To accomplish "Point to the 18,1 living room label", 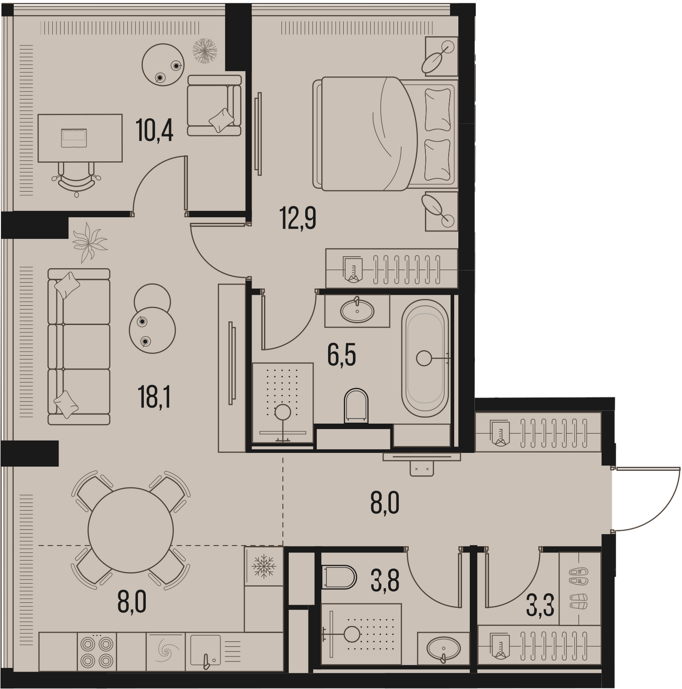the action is [154, 397].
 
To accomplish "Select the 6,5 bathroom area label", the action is [342, 355].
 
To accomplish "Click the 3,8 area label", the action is [385, 580].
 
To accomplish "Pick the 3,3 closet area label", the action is [540, 605].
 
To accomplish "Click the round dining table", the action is [131, 530].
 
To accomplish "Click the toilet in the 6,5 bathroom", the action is [356, 406].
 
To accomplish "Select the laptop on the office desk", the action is [74, 137].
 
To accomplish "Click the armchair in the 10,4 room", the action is [214, 105].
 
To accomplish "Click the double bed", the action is [385, 133].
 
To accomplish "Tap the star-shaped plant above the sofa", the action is [90, 242].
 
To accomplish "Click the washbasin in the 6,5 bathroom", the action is [357, 311].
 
